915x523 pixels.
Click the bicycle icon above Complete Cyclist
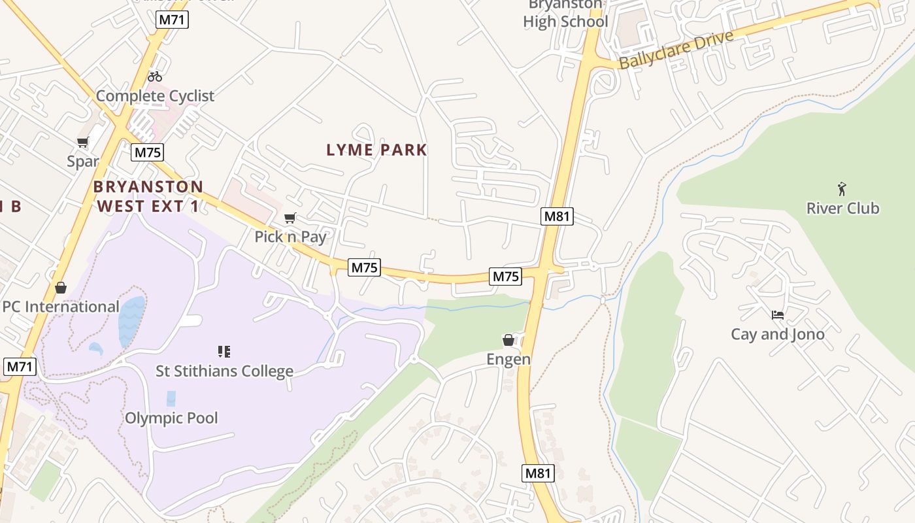[155, 76]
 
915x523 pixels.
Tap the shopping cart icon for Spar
[83, 143]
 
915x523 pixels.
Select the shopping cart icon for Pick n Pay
[290, 218]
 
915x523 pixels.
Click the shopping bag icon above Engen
[508, 340]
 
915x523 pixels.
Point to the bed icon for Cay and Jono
[777, 315]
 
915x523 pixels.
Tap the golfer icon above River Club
[842, 189]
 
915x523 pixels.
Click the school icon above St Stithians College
[224, 352]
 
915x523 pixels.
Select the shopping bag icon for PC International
[61, 288]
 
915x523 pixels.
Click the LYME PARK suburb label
[376, 150]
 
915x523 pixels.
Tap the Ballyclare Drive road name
[676, 50]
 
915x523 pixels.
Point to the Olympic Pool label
[171, 418]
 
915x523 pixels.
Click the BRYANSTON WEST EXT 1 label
[148, 196]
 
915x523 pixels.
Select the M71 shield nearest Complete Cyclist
[173, 20]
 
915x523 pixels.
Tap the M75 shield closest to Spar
[147, 152]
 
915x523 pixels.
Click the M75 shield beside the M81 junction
[506, 277]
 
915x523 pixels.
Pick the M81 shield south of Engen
[539, 473]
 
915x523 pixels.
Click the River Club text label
[842, 209]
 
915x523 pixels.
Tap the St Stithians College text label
[224, 371]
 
